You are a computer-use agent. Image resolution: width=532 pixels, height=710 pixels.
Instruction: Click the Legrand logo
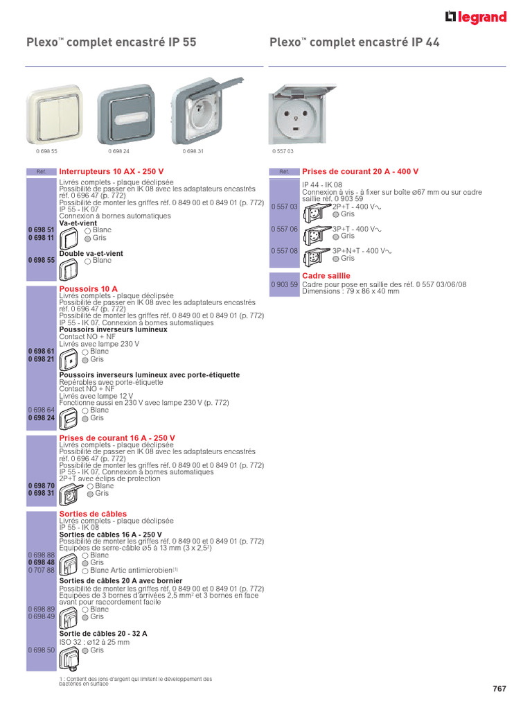coord(476,17)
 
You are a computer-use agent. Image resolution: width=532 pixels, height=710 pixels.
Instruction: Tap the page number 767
coord(499,689)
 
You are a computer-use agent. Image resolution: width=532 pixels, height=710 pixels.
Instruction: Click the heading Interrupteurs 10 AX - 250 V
coord(112,171)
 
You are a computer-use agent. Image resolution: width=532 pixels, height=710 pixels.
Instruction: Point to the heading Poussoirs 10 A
coord(89,288)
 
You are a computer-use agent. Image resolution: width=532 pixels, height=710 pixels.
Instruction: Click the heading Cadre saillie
coord(326,276)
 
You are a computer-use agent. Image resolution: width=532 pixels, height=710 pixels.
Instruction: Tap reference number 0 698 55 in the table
coord(41,260)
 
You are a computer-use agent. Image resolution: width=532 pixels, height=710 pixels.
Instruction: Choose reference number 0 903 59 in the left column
coord(283,285)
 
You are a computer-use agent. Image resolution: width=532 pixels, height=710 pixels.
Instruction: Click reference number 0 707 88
coord(41,570)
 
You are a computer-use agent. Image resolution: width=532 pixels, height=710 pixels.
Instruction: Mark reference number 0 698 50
coord(41,650)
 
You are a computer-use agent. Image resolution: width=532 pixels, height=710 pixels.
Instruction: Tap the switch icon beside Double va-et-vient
coord(69,261)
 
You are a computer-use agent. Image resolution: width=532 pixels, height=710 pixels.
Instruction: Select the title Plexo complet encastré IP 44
coord(354,43)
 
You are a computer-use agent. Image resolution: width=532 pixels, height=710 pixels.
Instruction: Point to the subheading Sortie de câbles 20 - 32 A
coord(103,634)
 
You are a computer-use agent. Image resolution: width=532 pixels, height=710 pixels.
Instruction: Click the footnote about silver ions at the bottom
coord(136,682)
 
